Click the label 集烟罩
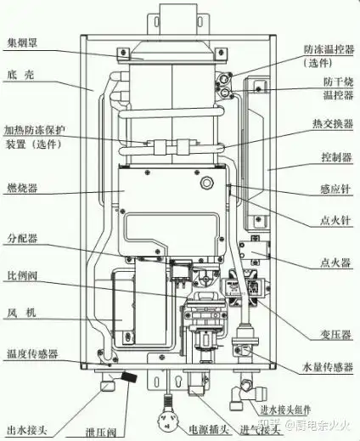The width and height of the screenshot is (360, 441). [22, 40]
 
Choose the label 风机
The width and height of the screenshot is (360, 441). [20, 314]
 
